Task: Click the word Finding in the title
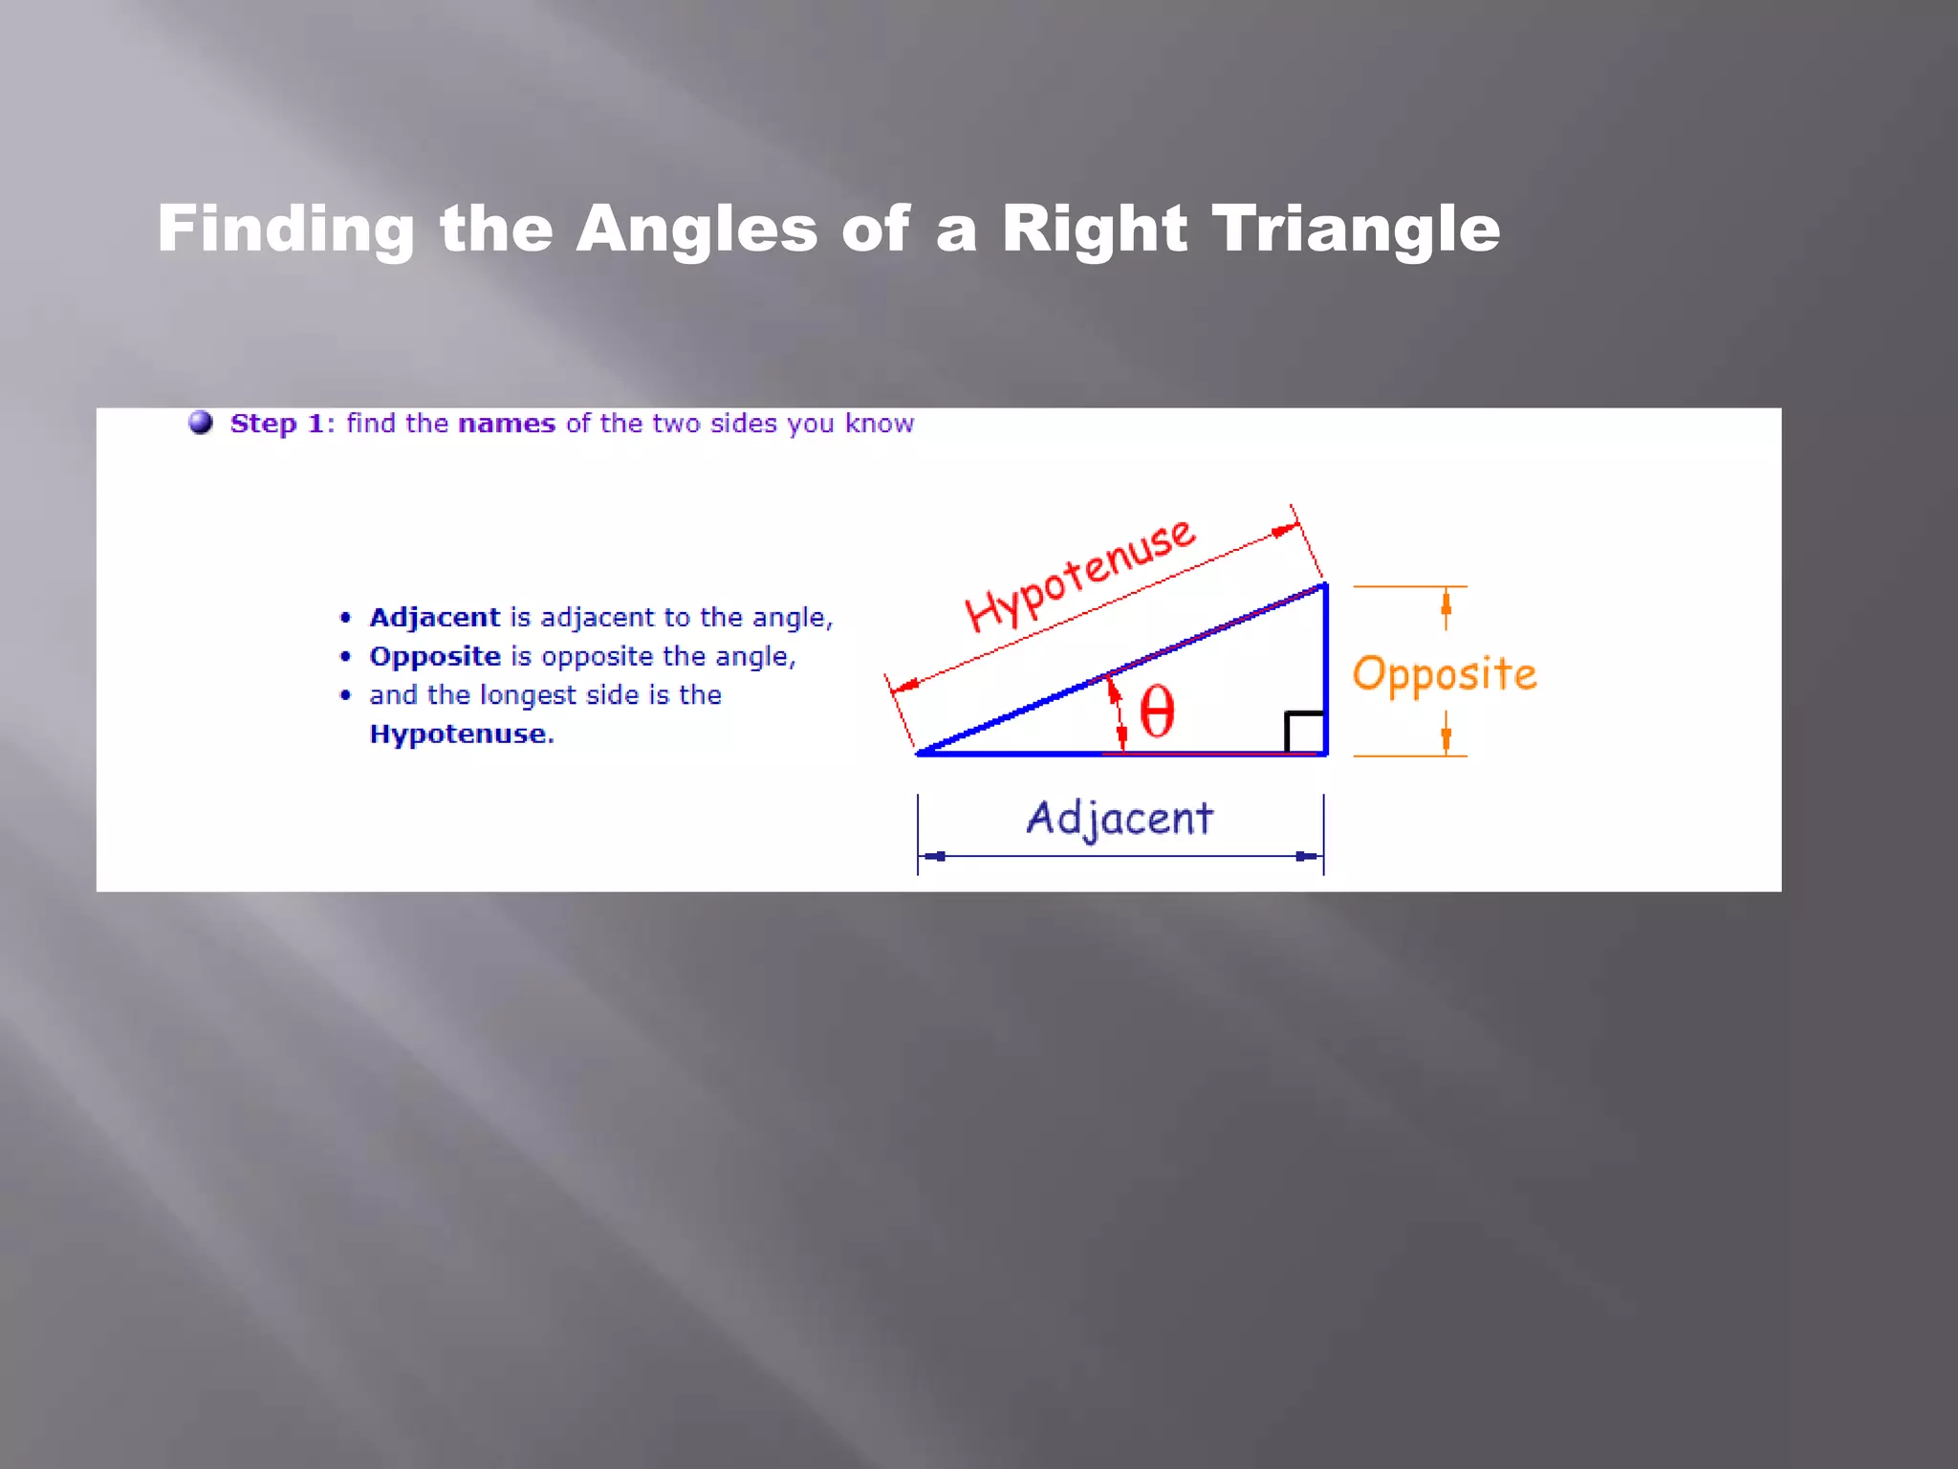click(x=286, y=230)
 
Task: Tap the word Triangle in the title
click(x=1356, y=230)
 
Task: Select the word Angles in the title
click(x=696, y=230)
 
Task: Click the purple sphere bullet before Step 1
click(x=201, y=422)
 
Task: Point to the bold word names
click(x=507, y=424)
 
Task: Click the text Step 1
click(x=277, y=424)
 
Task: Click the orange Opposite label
click(x=1444, y=674)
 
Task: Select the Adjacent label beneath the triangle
click(x=1120, y=819)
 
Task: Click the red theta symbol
click(x=1157, y=713)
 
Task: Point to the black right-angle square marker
click(x=1304, y=733)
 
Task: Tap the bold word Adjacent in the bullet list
click(x=434, y=618)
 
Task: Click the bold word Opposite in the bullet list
click(x=435, y=657)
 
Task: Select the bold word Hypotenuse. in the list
click(x=462, y=734)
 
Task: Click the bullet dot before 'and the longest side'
click(x=346, y=695)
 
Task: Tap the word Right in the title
click(x=1094, y=230)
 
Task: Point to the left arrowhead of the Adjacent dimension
click(x=934, y=856)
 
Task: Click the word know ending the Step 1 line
click(x=879, y=424)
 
